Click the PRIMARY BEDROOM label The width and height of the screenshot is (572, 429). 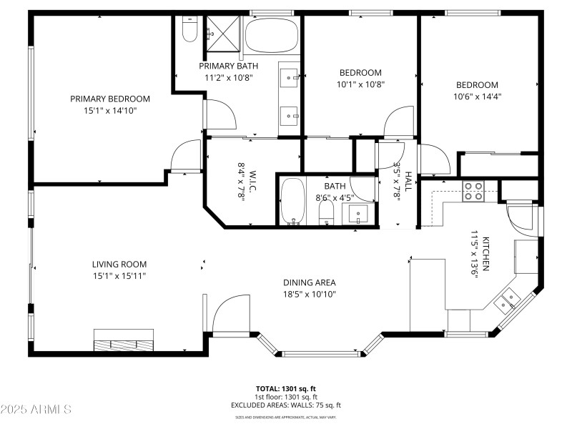pos(109,99)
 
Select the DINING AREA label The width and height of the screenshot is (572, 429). pos(309,282)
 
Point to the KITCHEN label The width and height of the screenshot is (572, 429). pos(485,254)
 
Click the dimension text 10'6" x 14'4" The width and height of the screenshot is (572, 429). pos(477,97)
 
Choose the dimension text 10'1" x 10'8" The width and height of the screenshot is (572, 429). pos(360,84)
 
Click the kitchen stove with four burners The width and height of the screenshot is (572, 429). pos(473,191)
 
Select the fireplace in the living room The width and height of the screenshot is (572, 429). pos(124,340)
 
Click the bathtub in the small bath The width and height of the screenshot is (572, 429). pos(292,202)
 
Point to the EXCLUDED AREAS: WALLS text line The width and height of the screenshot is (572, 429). pos(286,405)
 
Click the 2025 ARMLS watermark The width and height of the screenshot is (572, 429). pos(36,410)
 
